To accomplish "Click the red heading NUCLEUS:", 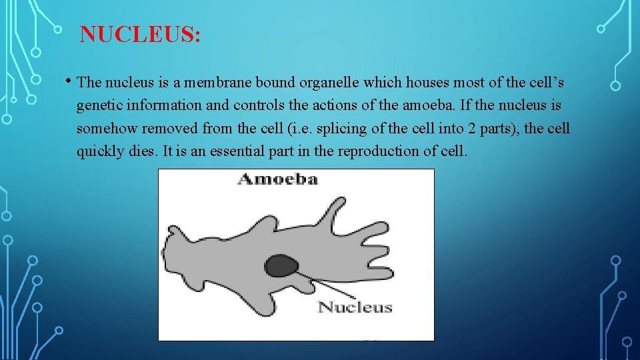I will tap(140, 34).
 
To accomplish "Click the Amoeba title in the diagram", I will tap(278, 179).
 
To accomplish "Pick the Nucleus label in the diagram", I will tap(355, 307).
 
